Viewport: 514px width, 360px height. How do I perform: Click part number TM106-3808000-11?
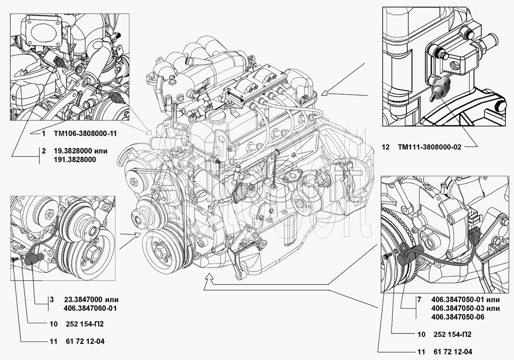[x=85, y=133]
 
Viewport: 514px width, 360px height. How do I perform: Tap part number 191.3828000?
[x=75, y=159]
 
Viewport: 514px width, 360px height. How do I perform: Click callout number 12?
[x=386, y=147]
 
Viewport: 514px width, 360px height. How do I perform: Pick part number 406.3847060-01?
[x=90, y=308]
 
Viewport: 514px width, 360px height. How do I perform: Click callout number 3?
[x=52, y=300]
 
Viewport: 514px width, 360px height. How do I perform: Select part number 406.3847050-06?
[x=458, y=317]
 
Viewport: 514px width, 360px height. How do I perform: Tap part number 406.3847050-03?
[x=458, y=308]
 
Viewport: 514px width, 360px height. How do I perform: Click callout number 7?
[x=419, y=300]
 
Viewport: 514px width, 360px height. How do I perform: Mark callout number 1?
[x=44, y=133]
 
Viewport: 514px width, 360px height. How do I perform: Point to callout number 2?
[x=44, y=151]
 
